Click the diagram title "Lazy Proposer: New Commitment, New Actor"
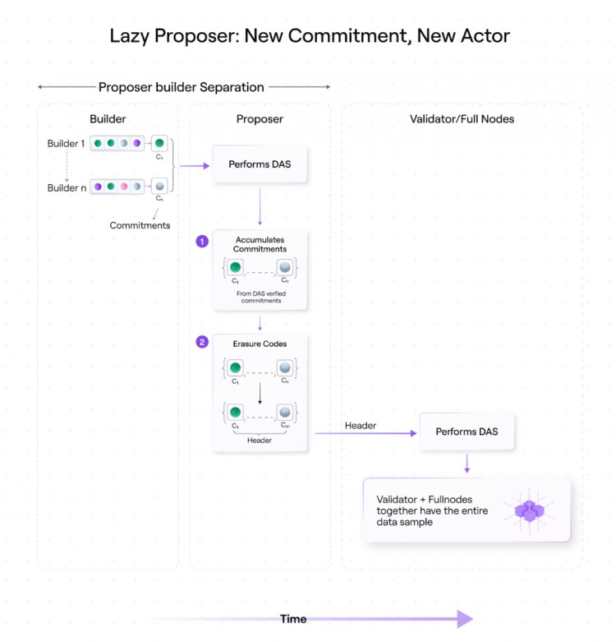click(x=310, y=36)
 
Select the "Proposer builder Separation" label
click(x=182, y=87)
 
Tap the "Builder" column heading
click(x=108, y=119)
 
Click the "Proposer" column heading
click(x=260, y=119)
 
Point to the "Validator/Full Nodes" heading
click(x=462, y=119)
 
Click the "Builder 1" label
click(x=66, y=144)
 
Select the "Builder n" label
click(x=66, y=187)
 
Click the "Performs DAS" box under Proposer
click(x=260, y=164)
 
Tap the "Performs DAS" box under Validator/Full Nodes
click(x=467, y=432)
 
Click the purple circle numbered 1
click(x=202, y=242)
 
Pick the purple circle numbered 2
click(x=202, y=341)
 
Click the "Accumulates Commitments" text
click(x=260, y=244)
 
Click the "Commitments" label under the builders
click(x=140, y=225)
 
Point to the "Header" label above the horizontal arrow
click(x=361, y=426)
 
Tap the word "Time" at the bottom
click(x=293, y=619)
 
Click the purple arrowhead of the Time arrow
click(x=465, y=619)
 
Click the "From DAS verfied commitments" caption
click(x=260, y=296)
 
